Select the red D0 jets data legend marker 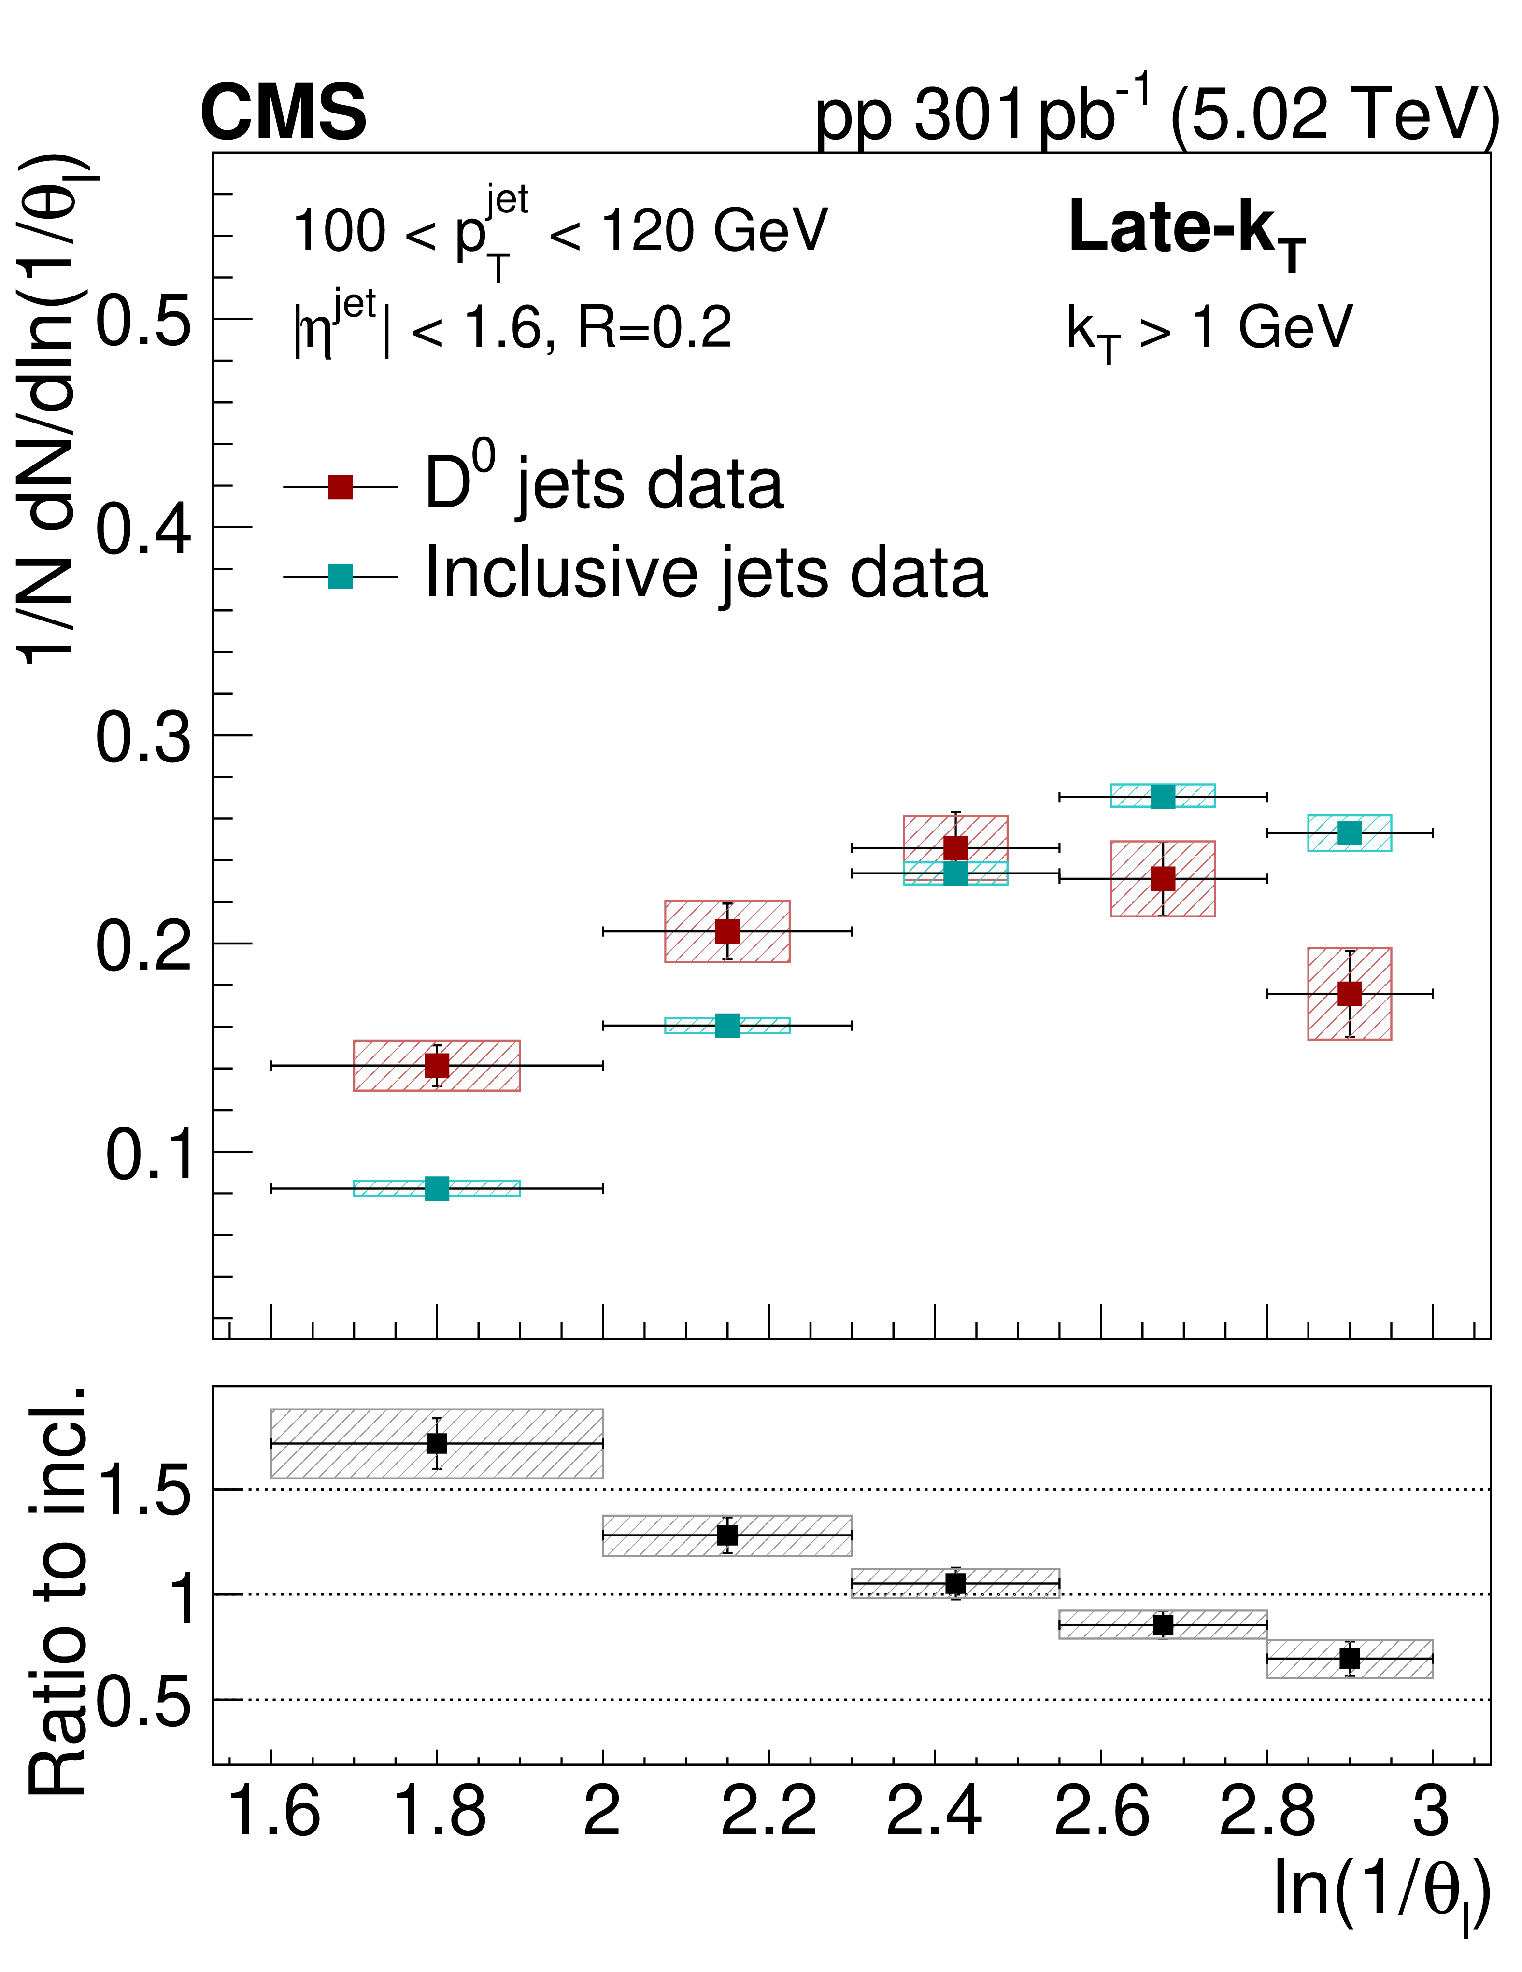(340, 487)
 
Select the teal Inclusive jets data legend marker (340, 576)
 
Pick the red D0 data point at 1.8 (437, 1066)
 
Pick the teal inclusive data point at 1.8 (437, 1188)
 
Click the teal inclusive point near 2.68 (1163, 796)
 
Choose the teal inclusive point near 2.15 (727, 1026)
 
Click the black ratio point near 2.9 (1350, 1659)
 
